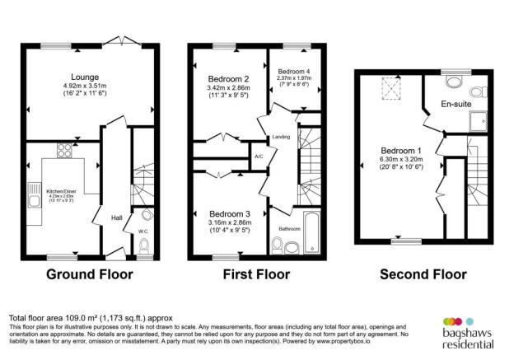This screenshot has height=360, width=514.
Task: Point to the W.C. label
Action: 143,231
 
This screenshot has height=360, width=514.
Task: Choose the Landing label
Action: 282,137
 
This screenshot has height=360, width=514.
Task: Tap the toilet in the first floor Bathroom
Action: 278,244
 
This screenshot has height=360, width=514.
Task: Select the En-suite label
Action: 456,105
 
